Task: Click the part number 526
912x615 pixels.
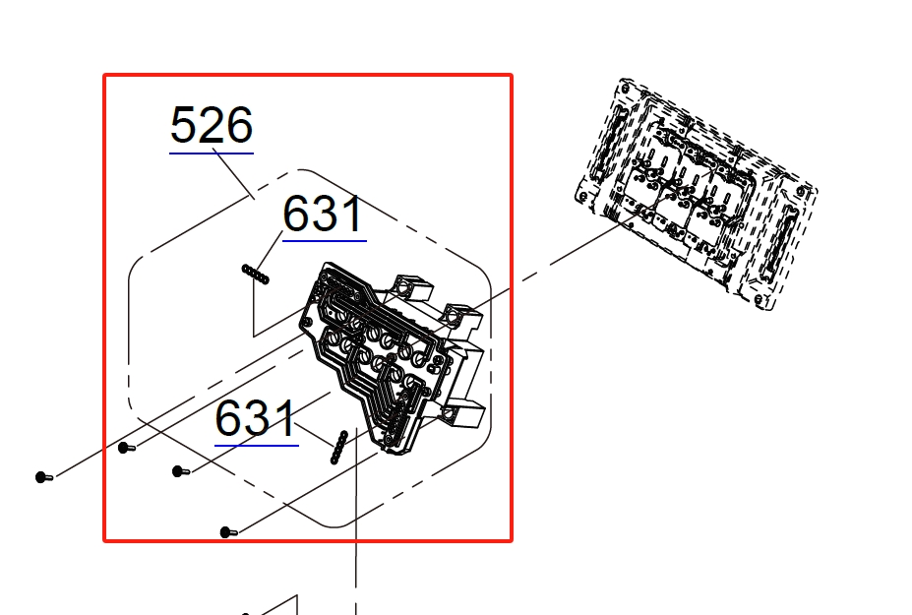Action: tap(212, 125)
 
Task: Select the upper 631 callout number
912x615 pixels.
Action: tap(324, 214)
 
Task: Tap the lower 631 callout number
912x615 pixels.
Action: tap(256, 418)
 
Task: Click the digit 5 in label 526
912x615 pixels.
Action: tap(184, 125)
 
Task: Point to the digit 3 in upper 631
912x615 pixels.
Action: tap(325, 214)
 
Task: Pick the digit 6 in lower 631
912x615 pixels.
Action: tap(228, 418)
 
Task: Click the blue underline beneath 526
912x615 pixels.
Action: tap(212, 154)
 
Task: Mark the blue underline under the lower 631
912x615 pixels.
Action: tap(257, 446)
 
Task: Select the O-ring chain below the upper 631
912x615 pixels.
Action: tap(256, 275)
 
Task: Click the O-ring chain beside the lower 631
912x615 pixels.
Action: tap(339, 448)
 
